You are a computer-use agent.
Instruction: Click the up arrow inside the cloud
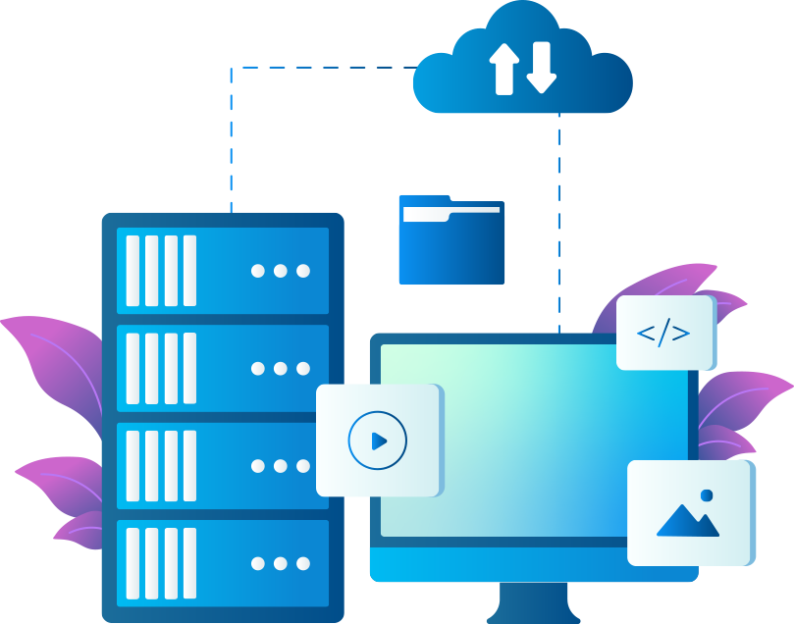point(503,68)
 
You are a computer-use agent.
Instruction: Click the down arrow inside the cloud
point(541,68)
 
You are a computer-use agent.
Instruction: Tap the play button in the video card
point(378,441)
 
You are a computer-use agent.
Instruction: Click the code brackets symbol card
point(664,334)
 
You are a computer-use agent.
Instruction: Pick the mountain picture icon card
point(689,513)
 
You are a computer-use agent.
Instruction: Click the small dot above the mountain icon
point(707,495)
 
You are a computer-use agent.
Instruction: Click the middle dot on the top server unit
point(281,271)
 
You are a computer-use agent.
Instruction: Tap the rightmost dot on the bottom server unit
point(303,563)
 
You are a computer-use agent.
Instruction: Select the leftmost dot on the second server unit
point(258,369)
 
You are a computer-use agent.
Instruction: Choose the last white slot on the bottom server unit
point(189,563)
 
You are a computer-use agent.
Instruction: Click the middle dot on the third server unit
point(281,466)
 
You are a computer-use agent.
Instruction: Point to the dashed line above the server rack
point(232,137)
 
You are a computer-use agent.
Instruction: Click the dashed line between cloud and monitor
point(559,226)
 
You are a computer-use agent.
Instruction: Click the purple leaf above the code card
point(677,280)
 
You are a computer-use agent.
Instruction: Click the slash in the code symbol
point(664,334)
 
